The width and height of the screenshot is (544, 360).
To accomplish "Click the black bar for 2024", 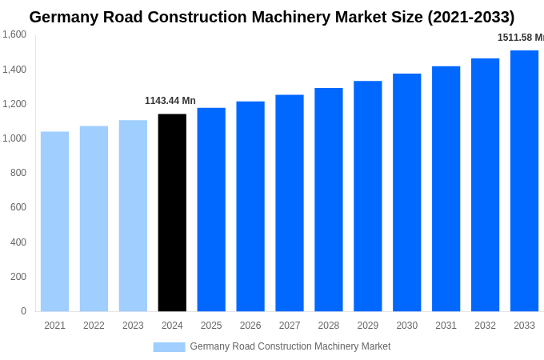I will click(172, 213).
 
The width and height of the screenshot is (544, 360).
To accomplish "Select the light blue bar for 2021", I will click(54, 222).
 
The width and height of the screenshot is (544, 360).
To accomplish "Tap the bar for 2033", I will click(524, 181).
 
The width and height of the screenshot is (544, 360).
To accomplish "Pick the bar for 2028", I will click(328, 200).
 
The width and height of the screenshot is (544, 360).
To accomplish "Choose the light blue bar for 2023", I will click(133, 216).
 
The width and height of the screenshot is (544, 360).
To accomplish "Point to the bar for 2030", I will click(406, 193).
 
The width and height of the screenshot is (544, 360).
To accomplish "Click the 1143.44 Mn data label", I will click(170, 101).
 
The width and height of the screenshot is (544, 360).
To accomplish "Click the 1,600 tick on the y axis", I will click(14, 34).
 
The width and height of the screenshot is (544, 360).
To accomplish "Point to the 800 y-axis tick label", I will click(18, 173).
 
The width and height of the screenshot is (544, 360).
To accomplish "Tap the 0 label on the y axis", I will click(23, 311).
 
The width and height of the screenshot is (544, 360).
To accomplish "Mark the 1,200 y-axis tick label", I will click(14, 104).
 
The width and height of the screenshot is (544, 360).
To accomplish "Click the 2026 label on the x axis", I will click(250, 326).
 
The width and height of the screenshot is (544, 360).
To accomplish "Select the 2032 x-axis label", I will click(485, 326).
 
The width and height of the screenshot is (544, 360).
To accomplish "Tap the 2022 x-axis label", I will click(94, 326).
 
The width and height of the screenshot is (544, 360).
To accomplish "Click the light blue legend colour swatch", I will click(169, 347).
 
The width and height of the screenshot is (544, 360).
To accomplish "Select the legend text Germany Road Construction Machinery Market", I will click(290, 346).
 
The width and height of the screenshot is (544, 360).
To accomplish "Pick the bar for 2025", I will click(211, 210).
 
